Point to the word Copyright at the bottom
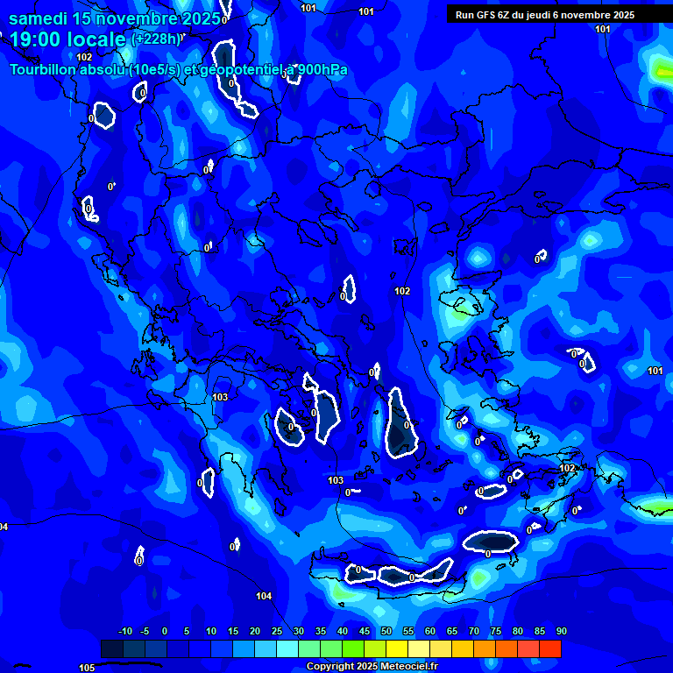pyautogui.click(x=329, y=667)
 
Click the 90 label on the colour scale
pyautogui.click(x=561, y=632)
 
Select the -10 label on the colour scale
pyautogui.click(x=124, y=632)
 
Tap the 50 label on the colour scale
pyautogui.click(x=386, y=632)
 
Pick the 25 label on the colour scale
pyautogui.click(x=276, y=632)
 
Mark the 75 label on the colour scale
pyautogui.click(x=495, y=632)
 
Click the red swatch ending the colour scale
pyautogui.click(x=550, y=649)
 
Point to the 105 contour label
pyautogui.click(x=87, y=668)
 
